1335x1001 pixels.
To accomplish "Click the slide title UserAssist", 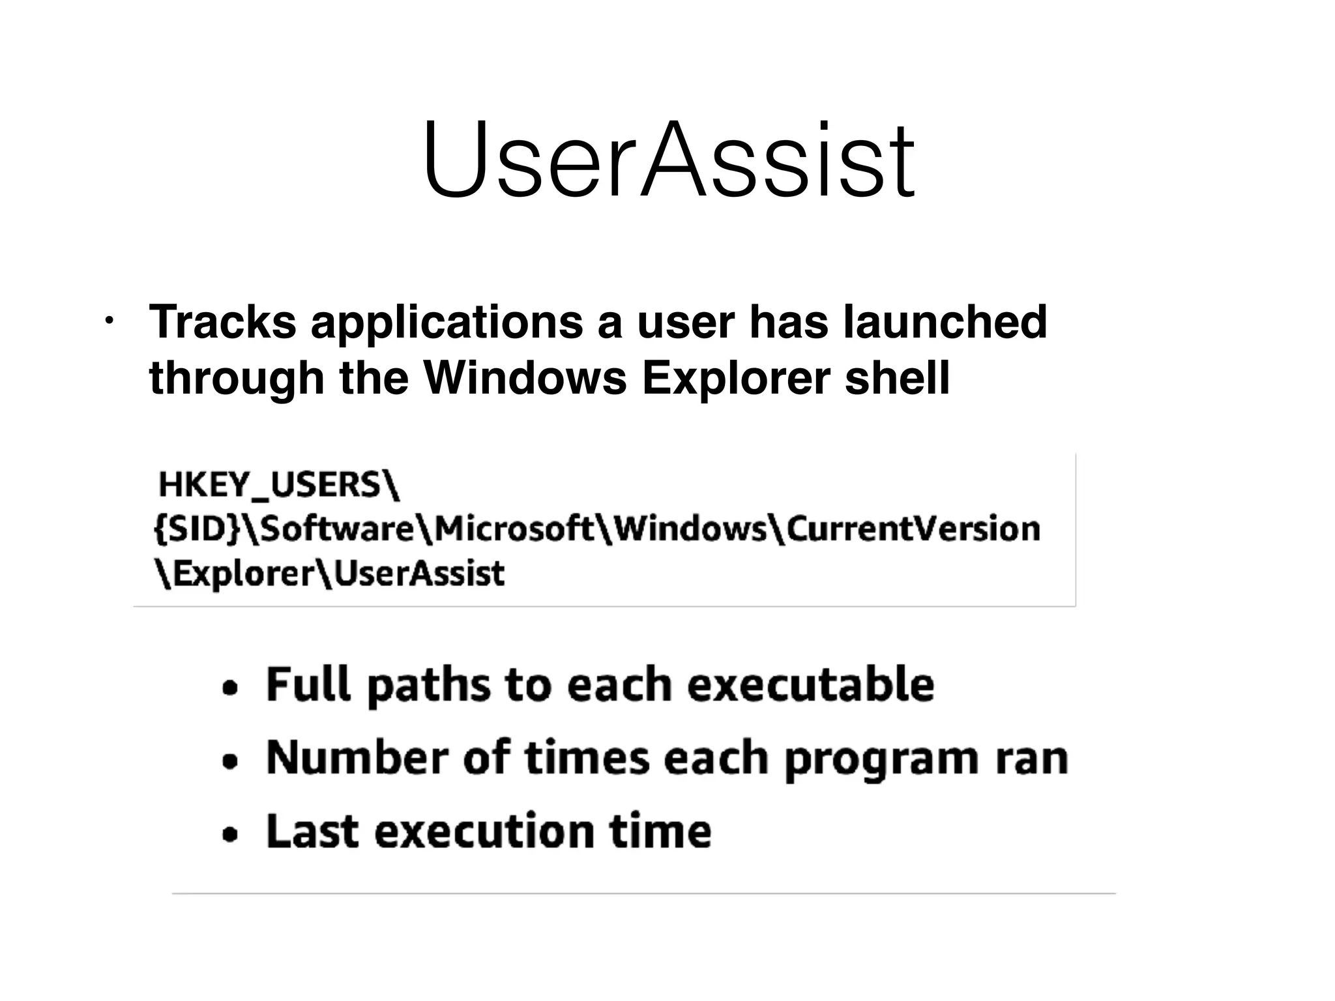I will coord(669,160).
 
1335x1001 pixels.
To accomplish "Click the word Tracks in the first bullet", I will coord(222,321).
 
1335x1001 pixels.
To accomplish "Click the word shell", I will coord(897,378).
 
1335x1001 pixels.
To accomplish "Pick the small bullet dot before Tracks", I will coord(109,321).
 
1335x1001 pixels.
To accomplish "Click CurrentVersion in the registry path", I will coord(913,529).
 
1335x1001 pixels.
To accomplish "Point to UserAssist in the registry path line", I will coord(419,574).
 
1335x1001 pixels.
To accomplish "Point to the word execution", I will coord(484,832).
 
